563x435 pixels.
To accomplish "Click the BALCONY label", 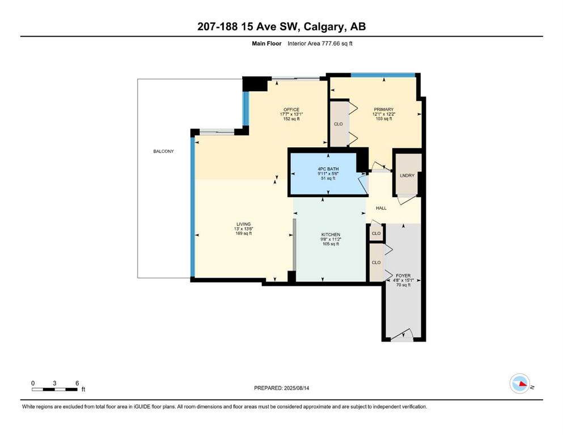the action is (x=163, y=151).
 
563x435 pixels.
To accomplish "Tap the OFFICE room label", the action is (x=291, y=110).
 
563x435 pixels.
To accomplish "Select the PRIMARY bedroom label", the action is (x=383, y=109).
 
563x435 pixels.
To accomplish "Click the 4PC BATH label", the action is (x=328, y=169).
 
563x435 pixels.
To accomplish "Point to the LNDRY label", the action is (x=407, y=176).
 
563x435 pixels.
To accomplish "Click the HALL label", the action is (x=381, y=208).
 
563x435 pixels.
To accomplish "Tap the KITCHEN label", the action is (x=331, y=234).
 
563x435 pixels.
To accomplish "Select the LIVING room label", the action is (x=243, y=224).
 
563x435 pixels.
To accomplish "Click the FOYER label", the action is (x=403, y=275).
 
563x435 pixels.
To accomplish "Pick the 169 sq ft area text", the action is (x=243, y=233).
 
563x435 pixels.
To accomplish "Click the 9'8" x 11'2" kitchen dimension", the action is (x=331, y=239).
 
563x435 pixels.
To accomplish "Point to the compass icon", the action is (x=520, y=383).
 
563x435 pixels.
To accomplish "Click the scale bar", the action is (x=54, y=389).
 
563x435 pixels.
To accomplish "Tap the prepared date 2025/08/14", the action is (x=297, y=388).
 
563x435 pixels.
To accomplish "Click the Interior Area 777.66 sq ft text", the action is (x=320, y=44).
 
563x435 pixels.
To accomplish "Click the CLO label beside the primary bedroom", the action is (x=338, y=124).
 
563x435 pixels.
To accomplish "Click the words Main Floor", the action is (x=266, y=44).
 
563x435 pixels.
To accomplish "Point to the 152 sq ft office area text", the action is (x=291, y=119).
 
